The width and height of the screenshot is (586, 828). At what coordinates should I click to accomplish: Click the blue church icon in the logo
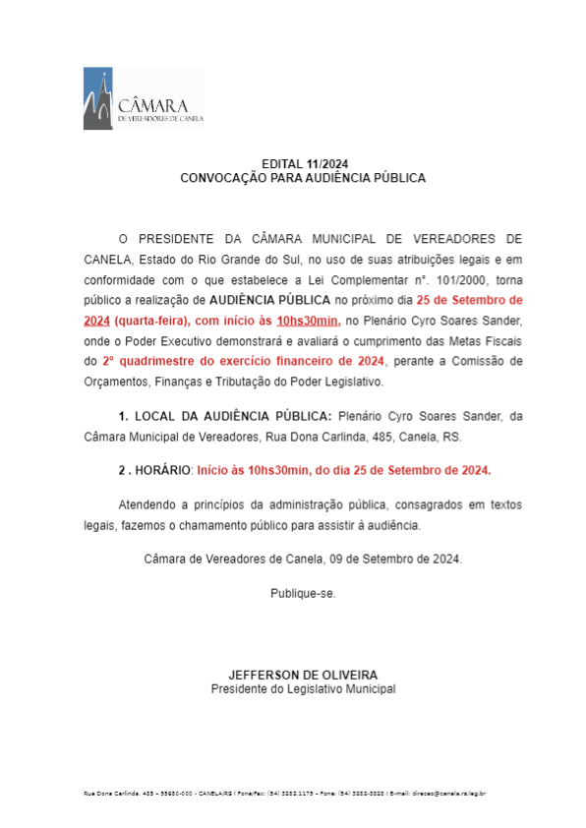pos(98,98)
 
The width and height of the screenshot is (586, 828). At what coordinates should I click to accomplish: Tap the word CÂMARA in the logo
pos(153,104)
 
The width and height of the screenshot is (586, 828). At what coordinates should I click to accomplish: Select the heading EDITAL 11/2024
pos(303,163)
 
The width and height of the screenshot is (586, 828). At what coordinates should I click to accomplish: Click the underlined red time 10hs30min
pos(308,321)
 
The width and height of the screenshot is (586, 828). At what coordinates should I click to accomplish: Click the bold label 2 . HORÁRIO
pos(153,470)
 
